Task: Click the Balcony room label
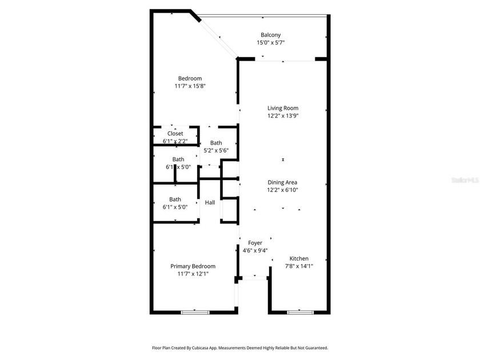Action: click(270, 34)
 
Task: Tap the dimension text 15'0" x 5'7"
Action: click(270, 42)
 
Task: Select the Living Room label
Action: click(283, 108)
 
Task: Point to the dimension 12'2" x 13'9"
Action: click(283, 115)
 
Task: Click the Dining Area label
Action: click(283, 182)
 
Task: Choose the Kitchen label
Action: click(299, 258)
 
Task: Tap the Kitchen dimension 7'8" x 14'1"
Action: click(299, 266)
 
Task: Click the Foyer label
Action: click(255, 243)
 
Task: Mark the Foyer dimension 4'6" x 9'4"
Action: click(255, 250)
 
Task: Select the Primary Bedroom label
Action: click(193, 266)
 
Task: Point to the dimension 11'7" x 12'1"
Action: click(193, 274)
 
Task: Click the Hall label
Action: click(210, 202)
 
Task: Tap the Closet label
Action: click(175, 134)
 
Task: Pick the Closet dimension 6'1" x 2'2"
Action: click(175, 141)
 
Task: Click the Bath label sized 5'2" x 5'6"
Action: click(216, 143)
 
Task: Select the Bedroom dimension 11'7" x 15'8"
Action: click(190, 86)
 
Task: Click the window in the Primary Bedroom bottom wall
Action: click(194, 312)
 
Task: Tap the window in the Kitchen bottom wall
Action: click(300, 312)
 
